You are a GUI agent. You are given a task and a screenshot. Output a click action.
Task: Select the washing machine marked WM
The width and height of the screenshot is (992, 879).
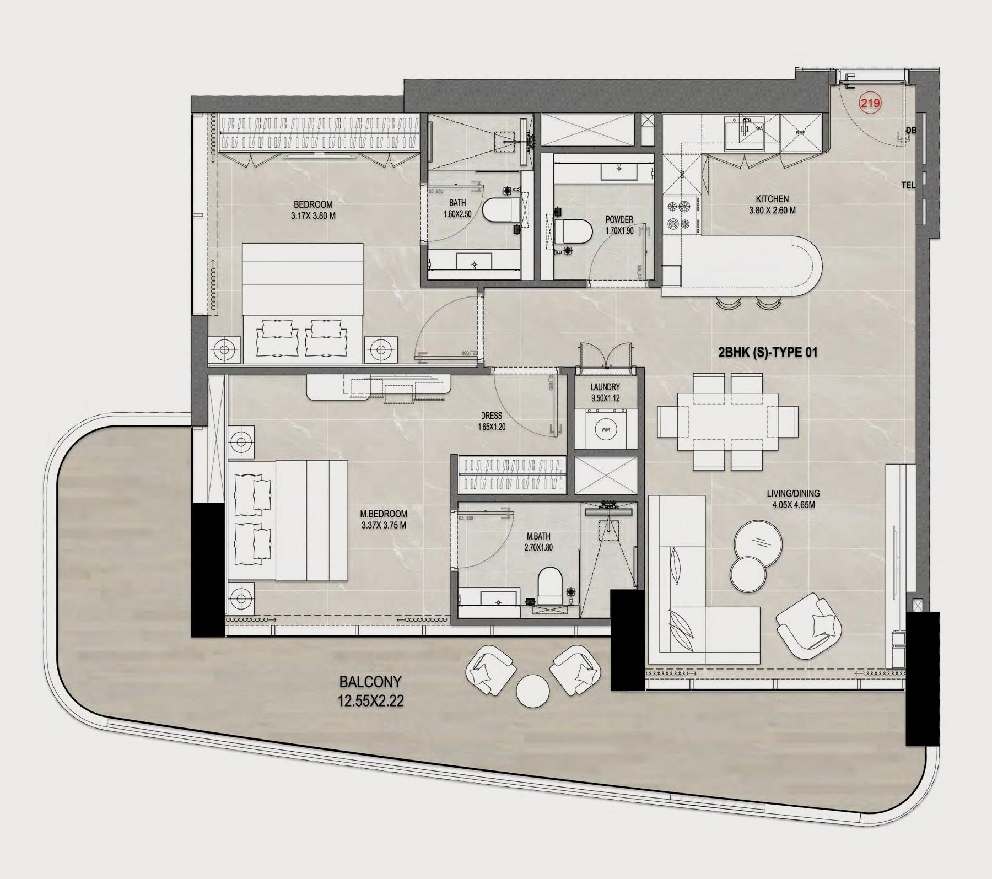coord(606,429)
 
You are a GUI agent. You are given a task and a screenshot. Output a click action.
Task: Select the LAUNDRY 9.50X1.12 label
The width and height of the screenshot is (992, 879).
coord(605,392)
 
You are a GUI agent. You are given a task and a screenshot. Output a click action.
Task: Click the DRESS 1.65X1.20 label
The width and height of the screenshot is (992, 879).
coord(491,421)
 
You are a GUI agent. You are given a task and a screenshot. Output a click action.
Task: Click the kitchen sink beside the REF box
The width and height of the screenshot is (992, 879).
coord(744,133)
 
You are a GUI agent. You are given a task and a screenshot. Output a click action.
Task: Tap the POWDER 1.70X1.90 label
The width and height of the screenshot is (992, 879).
coord(619,225)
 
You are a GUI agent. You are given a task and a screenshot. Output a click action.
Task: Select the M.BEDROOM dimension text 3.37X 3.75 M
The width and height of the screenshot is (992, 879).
coord(384,525)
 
